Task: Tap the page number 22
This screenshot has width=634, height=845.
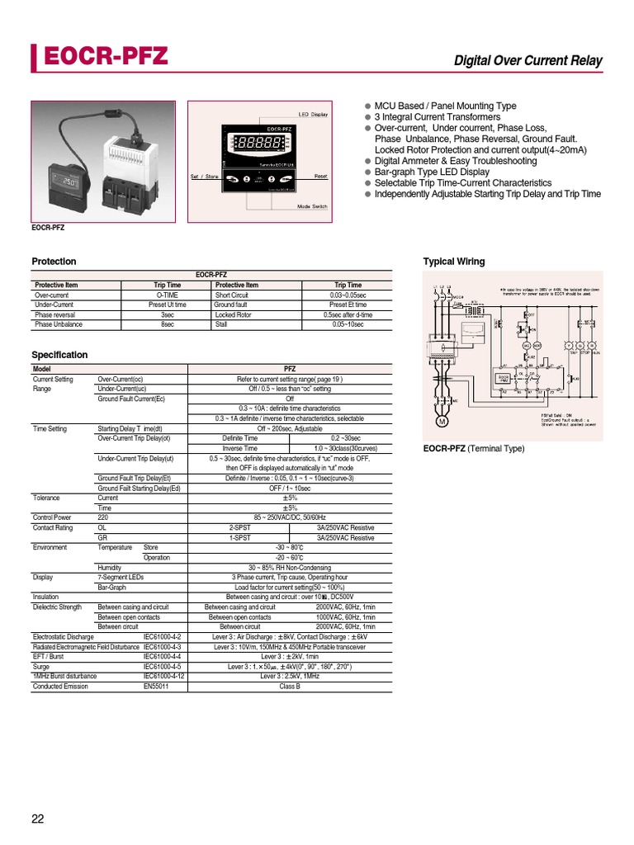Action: [x=39, y=819]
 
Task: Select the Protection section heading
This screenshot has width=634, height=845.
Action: [x=54, y=262]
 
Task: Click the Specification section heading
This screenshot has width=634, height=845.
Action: [x=59, y=355]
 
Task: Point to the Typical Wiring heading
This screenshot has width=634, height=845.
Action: [x=454, y=262]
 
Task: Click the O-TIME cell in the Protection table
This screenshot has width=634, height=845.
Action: [x=168, y=295]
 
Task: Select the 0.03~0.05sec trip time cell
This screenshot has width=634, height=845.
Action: [x=348, y=295]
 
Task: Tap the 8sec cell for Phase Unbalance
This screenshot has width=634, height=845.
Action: [x=168, y=325]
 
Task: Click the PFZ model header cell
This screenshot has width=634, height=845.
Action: [x=290, y=369]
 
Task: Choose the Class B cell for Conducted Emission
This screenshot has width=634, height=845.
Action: [x=290, y=687]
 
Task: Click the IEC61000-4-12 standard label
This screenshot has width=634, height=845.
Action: [x=163, y=677]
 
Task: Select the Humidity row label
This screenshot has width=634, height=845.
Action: [x=110, y=568]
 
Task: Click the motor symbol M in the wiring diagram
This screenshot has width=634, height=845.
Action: [x=441, y=423]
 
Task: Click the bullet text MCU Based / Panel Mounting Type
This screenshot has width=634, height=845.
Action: [x=445, y=106]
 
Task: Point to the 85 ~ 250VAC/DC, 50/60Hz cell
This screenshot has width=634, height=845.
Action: [x=290, y=518]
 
